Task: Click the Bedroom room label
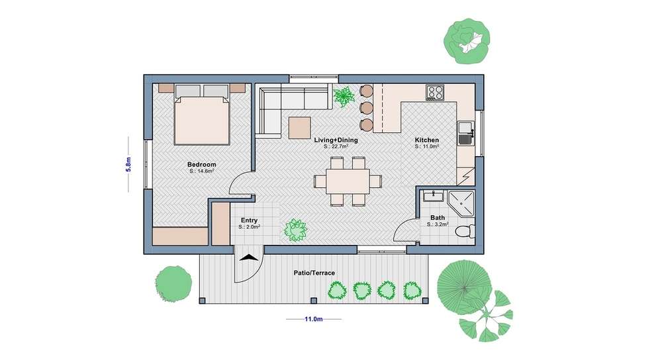(x=201, y=165)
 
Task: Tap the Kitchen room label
(x=427, y=140)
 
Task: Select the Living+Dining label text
(x=336, y=140)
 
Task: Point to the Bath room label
(x=438, y=218)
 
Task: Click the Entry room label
(x=249, y=220)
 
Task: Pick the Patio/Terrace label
(x=314, y=273)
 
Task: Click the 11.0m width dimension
(x=314, y=319)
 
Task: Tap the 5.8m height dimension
(x=128, y=164)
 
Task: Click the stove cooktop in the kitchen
(x=435, y=92)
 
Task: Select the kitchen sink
(x=465, y=133)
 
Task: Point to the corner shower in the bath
(x=461, y=204)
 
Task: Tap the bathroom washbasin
(x=433, y=197)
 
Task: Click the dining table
(x=348, y=181)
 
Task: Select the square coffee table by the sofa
(x=300, y=128)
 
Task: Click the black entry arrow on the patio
(x=249, y=258)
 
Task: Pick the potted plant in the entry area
(x=295, y=230)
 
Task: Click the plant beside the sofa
(x=344, y=97)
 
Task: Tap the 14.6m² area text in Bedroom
(x=202, y=171)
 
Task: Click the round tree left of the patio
(x=173, y=284)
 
